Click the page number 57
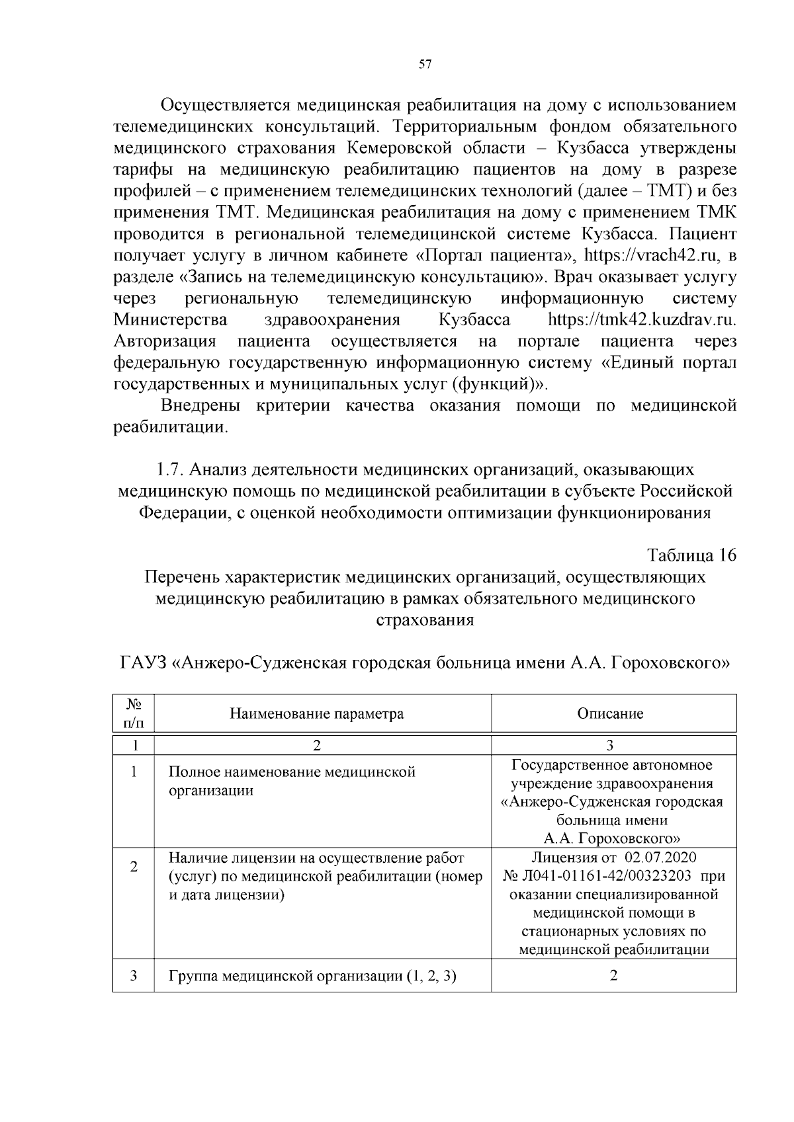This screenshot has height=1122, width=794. pyautogui.click(x=425, y=65)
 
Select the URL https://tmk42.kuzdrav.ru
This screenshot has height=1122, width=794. pyautogui.click(x=642, y=320)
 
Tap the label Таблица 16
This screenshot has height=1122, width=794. pyautogui.click(x=691, y=555)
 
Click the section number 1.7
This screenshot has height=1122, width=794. pyautogui.click(x=170, y=469)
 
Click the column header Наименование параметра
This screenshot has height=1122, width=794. pyautogui.click(x=316, y=713)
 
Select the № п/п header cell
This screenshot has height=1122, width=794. pyautogui.click(x=134, y=713)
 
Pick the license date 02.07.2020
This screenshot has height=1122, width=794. pyautogui.click(x=661, y=858)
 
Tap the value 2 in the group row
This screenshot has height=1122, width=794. pyautogui.click(x=613, y=975)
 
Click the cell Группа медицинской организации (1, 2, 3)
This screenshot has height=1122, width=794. pyautogui.click(x=312, y=976)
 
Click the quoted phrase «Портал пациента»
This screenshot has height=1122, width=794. pyautogui.click(x=496, y=255)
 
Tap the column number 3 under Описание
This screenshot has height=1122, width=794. pyautogui.click(x=609, y=745)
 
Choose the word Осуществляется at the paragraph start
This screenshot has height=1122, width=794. pyautogui.click(x=225, y=104)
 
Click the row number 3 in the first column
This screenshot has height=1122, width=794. pyautogui.click(x=134, y=975)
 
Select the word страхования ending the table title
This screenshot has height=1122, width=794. pyautogui.click(x=425, y=620)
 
